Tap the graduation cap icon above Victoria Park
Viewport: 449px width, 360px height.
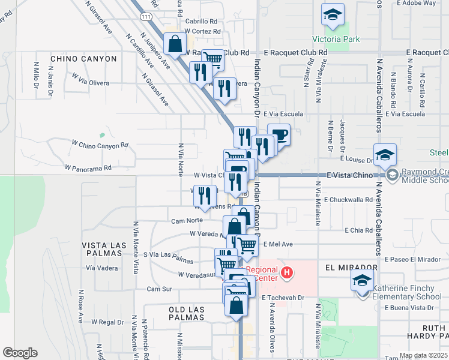[331, 16]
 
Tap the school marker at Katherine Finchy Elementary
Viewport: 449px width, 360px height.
[362, 281]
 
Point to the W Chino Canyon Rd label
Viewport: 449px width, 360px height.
[100, 145]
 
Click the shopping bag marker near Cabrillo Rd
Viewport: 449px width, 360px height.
[175, 44]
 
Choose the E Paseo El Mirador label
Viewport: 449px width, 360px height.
[415, 259]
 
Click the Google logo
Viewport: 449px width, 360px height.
[20, 353]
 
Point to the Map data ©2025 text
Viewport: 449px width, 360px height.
[423, 355]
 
